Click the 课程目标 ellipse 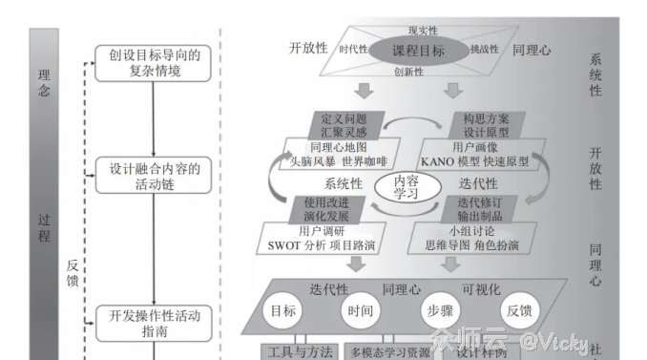point(420,49)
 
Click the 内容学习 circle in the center point(407,187)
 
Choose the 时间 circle point(361,310)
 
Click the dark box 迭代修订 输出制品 point(481,209)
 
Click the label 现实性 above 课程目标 point(421,31)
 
